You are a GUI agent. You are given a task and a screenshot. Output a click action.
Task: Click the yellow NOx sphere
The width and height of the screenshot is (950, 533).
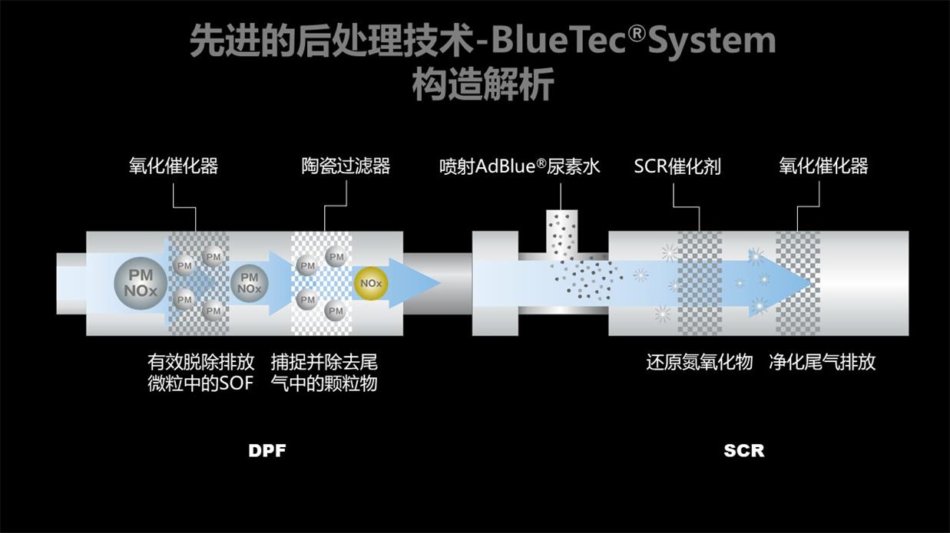coord(371,283)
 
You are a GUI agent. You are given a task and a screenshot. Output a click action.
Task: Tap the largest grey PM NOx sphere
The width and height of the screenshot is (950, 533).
coord(141,283)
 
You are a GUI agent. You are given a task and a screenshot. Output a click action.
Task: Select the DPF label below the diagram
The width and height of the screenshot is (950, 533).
coord(267,451)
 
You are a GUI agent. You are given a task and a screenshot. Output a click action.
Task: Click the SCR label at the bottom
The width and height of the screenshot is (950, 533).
coord(744,451)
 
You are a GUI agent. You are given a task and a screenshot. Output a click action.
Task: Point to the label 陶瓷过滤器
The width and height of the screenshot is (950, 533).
coord(346,166)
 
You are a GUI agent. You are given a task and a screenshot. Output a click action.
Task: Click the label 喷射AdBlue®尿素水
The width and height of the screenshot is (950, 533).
coord(519,166)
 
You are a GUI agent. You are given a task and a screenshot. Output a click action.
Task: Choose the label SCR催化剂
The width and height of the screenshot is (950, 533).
coord(677,166)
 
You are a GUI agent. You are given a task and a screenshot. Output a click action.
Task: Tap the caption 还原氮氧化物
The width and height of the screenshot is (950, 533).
coord(700,363)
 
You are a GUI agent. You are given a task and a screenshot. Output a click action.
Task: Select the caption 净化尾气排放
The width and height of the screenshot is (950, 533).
coord(822,363)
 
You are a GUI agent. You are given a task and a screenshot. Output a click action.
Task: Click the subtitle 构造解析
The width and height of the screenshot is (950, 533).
coord(483,84)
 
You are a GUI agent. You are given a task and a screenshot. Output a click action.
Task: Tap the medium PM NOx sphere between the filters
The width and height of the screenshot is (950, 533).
coord(250,283)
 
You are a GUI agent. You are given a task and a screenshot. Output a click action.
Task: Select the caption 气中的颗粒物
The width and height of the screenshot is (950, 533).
coord(324,384)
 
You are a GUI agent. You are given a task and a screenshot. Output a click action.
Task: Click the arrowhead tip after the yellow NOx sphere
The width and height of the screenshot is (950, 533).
coord(440,282)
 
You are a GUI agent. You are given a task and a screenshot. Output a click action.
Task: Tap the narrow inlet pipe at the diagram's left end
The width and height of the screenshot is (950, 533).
coord(71,284)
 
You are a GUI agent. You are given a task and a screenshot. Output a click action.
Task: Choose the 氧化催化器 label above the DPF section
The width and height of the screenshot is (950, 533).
coord(174,166)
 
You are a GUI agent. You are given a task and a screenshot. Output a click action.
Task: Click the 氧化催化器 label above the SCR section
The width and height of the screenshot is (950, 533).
coord(823,166)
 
